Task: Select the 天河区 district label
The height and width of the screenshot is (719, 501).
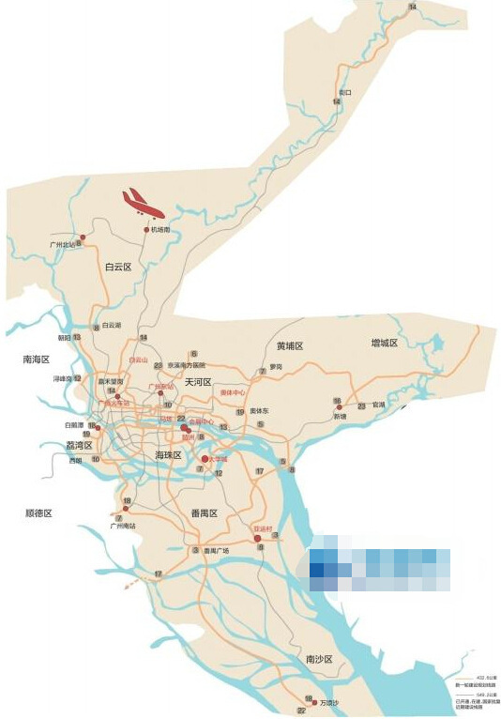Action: (x=199, y=382)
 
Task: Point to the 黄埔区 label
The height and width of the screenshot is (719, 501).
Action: (x=291, y=346)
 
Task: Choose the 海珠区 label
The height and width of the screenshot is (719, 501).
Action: (x=168, y=454)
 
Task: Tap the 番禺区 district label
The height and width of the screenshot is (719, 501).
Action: (x=204, y=513)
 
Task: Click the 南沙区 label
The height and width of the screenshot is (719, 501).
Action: (x=319, y=660)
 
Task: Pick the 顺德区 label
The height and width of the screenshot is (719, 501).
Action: (x=38, y=513)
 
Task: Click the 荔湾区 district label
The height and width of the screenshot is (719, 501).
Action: (x=79, y=446)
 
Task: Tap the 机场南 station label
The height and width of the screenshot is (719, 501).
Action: (x=159, y=229)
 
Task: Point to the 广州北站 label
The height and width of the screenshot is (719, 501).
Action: (x=62, y=244)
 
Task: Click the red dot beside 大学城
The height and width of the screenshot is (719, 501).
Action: (x=205, y=458)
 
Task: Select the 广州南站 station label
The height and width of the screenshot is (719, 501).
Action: (x=123, y=526)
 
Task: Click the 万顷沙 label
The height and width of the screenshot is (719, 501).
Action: (x=328, y=702)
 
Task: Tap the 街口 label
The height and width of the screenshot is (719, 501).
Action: (x=345, y=92)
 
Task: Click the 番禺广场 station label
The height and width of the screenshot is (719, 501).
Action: (x=217, y=550)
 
